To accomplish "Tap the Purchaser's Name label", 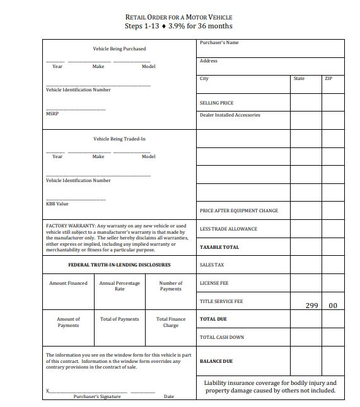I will point(219,43).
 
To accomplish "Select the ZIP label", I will point(328,79).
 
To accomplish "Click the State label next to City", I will point(299,79).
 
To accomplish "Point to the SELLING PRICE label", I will point(216,103).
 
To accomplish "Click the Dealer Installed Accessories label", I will point(229,115).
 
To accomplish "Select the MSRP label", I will point(52,114).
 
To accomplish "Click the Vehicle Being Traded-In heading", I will point(119,139).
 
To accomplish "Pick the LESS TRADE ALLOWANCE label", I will point(228,229).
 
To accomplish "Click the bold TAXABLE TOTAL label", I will point(219,248).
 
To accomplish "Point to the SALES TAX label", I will point(212,265).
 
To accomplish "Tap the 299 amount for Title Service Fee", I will point(312,306).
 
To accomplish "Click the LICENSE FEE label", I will point(214,284).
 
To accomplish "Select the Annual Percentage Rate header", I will point(120,286).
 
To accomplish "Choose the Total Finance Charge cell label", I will point(171,322).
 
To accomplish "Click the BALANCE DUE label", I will point(216,362).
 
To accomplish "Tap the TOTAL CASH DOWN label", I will point(222,338).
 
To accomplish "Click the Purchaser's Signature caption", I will point(97,396).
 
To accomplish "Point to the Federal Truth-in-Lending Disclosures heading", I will point(119,265).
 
